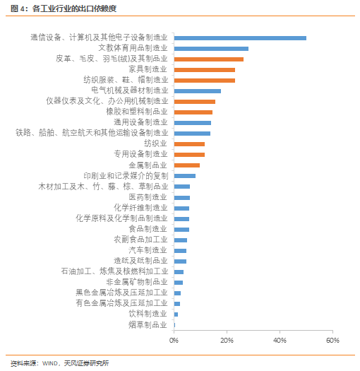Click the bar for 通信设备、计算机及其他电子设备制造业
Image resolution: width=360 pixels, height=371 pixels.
click(x=240, y=38)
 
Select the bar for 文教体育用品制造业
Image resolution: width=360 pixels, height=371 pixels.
click(x=211, y=49)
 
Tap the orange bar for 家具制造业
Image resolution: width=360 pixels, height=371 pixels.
click(x=204, y=69)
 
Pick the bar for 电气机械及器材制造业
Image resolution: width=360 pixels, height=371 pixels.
click(x=197, y=90)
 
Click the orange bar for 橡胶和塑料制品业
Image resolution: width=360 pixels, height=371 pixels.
click(x=193, y=112)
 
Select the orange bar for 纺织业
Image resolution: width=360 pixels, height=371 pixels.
click(x=189, y=143)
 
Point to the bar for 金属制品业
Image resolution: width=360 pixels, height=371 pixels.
click(x=186, y=165)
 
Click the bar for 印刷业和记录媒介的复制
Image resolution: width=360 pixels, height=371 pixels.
click(x=184, y=175)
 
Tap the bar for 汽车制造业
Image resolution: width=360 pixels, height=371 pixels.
click(x=180, y=250)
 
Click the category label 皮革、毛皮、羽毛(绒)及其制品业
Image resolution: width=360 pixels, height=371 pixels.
click(x=112, y=59)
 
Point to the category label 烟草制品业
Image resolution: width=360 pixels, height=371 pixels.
click(x=148, y=325)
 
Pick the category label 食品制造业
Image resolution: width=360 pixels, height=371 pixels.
click(x=148, y=229)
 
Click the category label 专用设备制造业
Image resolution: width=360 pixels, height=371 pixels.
click(x=140, y=154)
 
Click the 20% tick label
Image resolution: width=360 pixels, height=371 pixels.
click(x=227, y=340)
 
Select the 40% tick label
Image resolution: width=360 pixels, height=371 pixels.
click(x=280, y=340)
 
